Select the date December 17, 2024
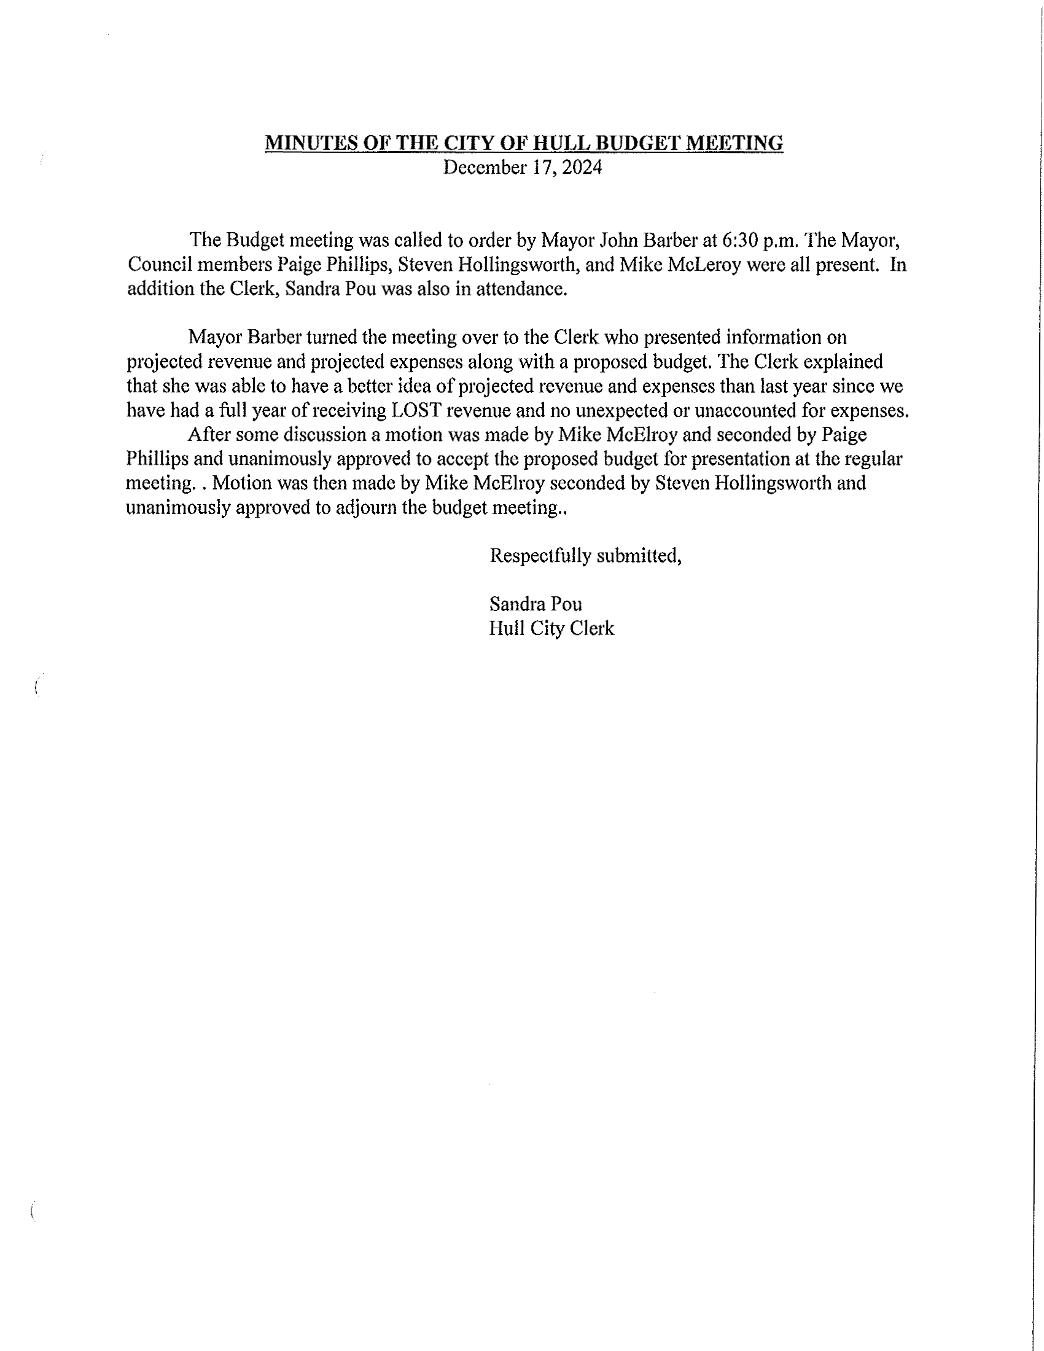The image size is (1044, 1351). tap(522, 168)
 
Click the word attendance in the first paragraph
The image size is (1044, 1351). tap(521, 289)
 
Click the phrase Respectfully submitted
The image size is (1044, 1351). tap(585, 556)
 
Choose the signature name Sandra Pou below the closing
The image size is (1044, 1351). tap(535, 604)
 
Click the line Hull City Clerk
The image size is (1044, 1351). tap(551, 628)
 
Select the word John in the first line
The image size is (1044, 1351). tap(620, 240)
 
